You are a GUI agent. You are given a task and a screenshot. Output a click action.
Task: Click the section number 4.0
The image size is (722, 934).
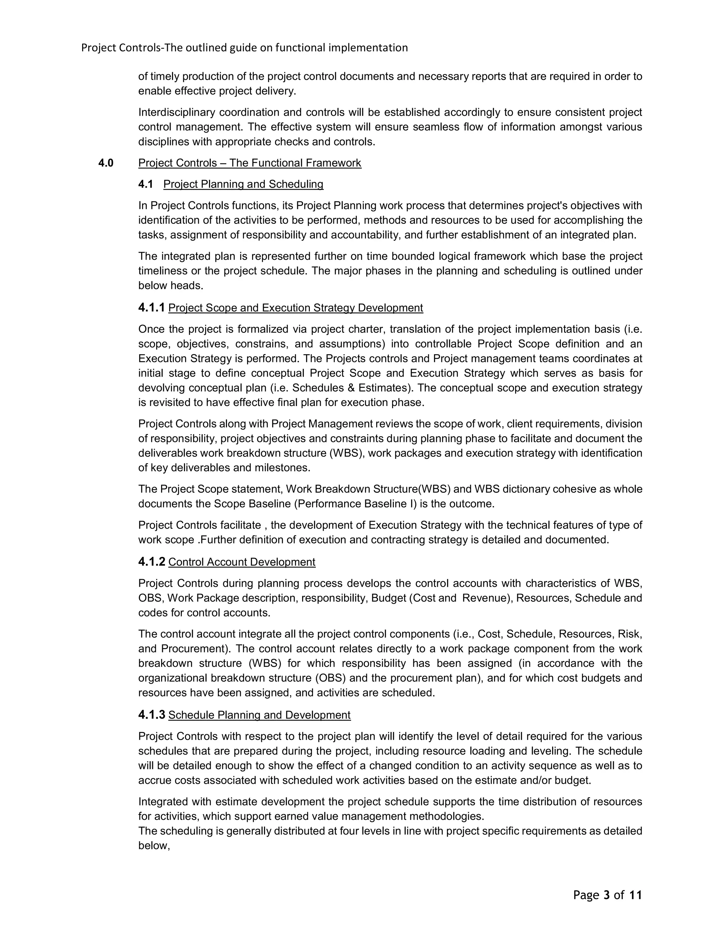click(106, 163)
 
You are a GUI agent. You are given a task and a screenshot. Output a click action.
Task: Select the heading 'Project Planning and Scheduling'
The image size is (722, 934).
click(243, 184)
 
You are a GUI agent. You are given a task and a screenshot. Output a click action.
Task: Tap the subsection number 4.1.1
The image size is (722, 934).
click(151, 307)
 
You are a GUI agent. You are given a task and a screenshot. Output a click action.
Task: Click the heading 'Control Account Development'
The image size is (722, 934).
click(241, 562)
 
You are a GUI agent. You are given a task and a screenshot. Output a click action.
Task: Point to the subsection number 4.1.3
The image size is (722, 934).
click(151, 715)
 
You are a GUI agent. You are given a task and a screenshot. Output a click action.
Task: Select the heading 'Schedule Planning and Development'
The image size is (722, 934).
click(259, 715)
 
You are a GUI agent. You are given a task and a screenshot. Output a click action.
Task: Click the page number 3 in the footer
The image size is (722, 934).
click(606, 895)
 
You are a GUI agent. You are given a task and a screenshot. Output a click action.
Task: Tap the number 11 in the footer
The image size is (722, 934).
click(636, 895)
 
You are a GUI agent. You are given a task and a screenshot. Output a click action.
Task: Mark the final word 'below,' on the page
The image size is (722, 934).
click(154, 846)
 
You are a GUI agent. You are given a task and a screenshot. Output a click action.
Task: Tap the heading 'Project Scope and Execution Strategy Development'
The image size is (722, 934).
click(295, 308)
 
